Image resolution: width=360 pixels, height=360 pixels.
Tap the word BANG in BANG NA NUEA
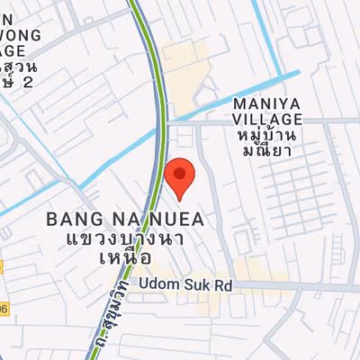coord(68,219)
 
